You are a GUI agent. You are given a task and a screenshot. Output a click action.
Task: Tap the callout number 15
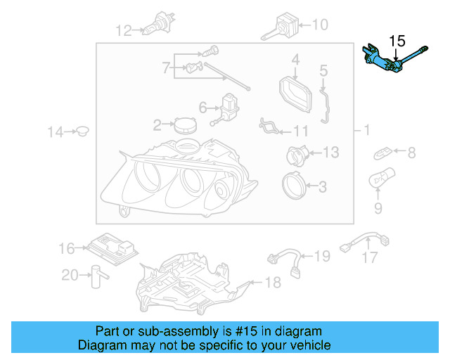point(397,41)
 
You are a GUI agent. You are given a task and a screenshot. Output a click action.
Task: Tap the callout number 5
point(324,70)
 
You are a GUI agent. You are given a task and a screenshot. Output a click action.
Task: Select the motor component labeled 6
point(229,108)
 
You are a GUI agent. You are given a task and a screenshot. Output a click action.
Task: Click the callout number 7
point(167,68)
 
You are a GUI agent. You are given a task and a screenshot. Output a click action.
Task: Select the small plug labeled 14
point(83,131)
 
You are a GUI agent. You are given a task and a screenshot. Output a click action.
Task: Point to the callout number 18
point(272,283)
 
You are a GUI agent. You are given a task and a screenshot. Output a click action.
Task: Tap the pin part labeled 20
point(94,276)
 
